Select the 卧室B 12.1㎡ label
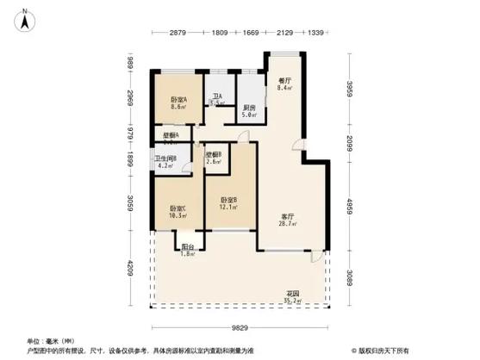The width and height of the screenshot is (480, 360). click(x=229, y=202)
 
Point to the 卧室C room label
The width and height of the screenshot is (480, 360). click(x=178, y=211)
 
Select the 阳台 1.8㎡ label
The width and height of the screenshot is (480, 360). click(x=186, y=250)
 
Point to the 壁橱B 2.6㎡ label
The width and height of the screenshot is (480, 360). click(x=215, y=158)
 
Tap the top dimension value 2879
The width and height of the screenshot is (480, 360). click(x=178, y=33)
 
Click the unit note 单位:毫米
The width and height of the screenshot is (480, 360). click(x=44, y=341)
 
